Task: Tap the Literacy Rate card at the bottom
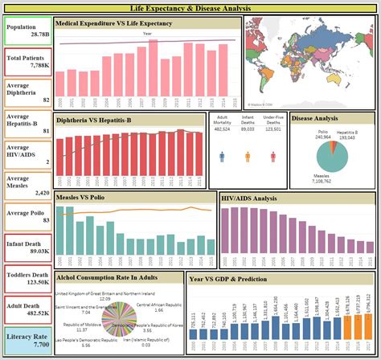(x=27, y=341)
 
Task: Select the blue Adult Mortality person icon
(x=221, y=156)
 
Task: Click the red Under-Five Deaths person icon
(x=273, y=156)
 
